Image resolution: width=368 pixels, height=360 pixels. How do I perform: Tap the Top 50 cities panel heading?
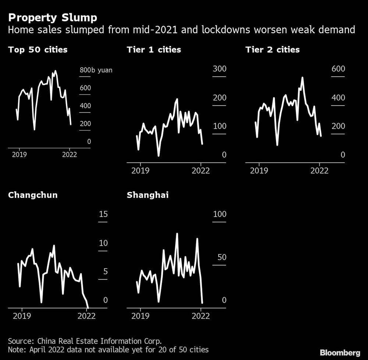pos(38,49)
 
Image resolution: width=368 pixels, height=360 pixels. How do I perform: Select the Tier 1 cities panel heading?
pos(154,49)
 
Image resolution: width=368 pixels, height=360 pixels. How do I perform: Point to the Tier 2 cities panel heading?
pos(273,49)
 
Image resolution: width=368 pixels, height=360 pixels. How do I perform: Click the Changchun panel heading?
pos(33,195)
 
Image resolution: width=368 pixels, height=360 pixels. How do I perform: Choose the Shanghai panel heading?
pos(148,195)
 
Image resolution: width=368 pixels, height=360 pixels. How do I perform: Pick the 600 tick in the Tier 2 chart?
pos(338,69)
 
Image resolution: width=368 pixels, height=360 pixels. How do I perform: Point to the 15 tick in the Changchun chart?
pos(103,214)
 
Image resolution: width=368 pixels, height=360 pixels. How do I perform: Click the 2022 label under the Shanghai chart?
pos(201,316)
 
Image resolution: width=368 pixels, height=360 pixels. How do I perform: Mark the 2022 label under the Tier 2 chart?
pos(319,171)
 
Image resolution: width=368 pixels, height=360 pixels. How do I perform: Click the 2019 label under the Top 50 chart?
pos(19,154)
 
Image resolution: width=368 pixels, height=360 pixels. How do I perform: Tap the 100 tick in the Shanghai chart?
pos(219,214)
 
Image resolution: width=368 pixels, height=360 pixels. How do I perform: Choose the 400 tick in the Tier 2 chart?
pos(338,98)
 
